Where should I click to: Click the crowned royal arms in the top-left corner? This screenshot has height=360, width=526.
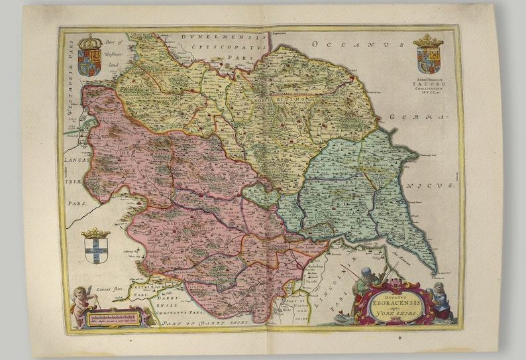tap(90, 56)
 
